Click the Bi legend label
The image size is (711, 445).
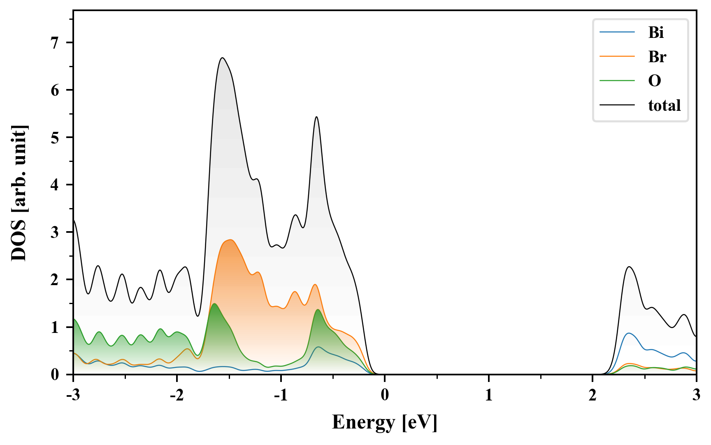(x=656, y=33)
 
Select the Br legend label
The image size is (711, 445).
(x=657, y=57)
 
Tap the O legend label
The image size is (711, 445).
(x=655, y=81)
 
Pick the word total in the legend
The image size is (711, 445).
(x=665, y=105)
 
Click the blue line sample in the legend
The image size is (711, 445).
(x=617, y=33)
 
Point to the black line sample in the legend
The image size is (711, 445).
(x=617, y=105)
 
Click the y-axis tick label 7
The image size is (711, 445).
(x=55, y=43)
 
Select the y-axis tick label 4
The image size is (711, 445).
(x=55, y=185)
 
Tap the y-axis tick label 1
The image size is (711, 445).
(x=55, y=327)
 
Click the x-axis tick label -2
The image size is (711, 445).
(x=177, y=395)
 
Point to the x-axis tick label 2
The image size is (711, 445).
(x=592, y=395)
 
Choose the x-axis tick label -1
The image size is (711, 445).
(x=280, y=395)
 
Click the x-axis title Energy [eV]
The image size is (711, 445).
(x=385, y=422)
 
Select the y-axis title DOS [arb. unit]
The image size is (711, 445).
(x=19, y=193)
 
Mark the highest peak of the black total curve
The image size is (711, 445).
(x=222, y=58)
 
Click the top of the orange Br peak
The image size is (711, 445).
(x=231, y=240)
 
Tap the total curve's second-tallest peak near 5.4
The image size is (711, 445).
(x=316, y=117)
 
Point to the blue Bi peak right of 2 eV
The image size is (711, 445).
(x=628, y=333)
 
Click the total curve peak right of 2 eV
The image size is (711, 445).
(x=629, y=267)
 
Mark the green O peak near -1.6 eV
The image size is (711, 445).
(x=214, y=304)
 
